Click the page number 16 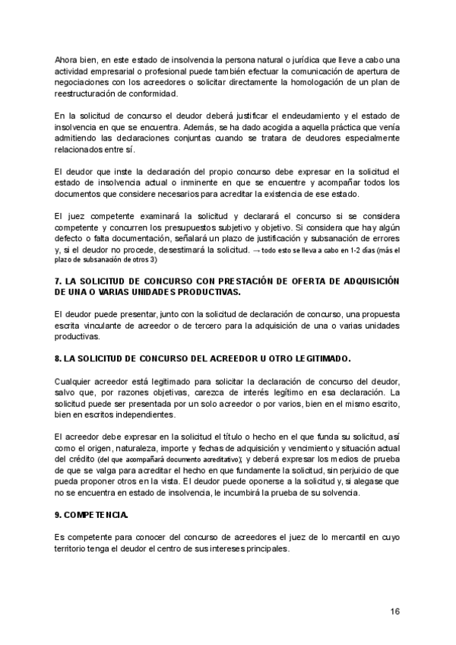[395, 612]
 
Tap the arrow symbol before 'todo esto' [256, 250]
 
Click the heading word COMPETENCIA [90, 516]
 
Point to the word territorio [73, 550]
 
